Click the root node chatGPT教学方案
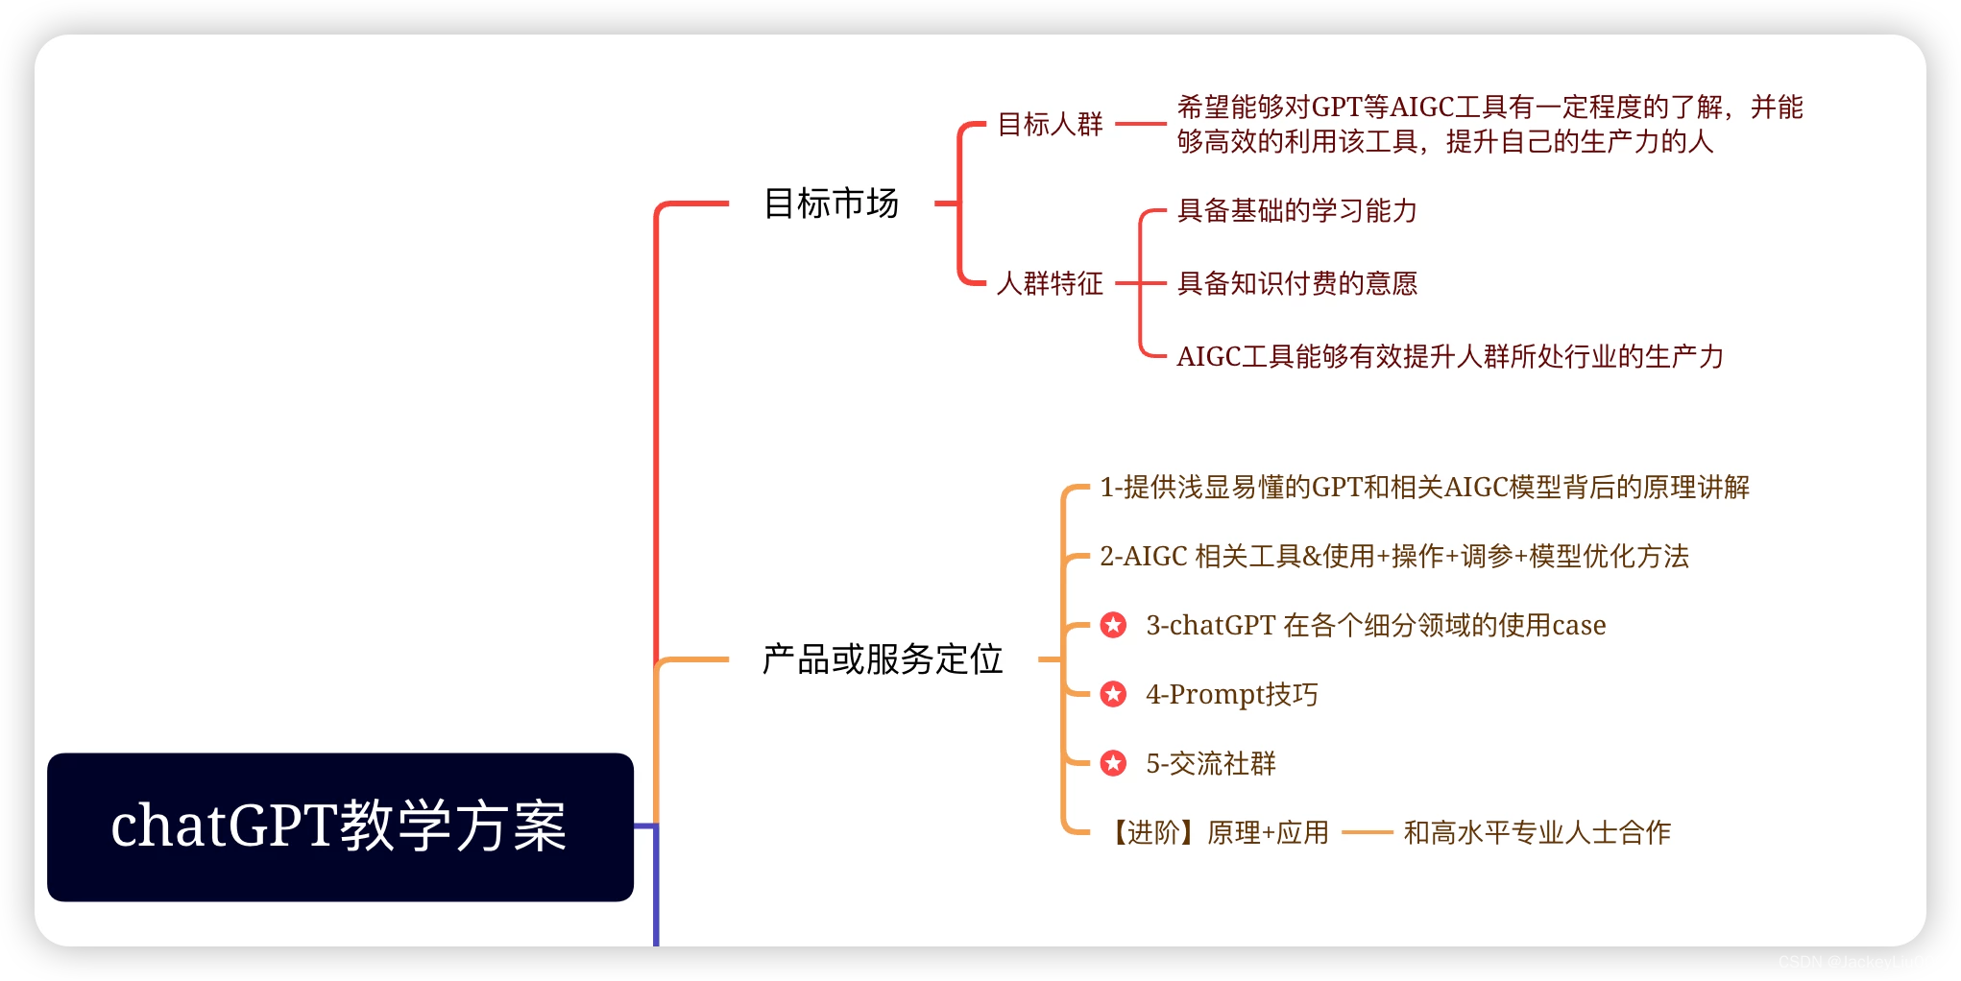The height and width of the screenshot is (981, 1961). coord(340,826)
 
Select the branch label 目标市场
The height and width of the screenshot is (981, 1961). coord(831,203)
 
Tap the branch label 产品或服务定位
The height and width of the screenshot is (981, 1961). coord(882,659)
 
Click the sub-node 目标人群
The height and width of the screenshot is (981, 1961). coord(1050,124)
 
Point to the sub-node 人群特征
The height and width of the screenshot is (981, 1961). coord(1050,283)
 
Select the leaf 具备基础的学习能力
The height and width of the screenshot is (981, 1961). coord(1296,210)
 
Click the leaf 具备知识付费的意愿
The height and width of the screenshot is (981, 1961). coord(1296,283)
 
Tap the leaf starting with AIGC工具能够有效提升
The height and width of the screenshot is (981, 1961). coord(1449,356)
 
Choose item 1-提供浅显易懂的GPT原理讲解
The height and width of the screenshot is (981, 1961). coord(1424,487)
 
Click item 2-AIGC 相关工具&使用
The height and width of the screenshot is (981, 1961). coord(1393,556)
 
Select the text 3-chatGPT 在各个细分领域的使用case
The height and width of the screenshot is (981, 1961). coord(1375,625)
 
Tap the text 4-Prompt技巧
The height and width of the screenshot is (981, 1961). coord(1231,694)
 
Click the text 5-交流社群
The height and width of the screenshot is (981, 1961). coord(1210,763)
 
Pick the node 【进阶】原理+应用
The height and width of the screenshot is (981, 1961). coord(1218,832)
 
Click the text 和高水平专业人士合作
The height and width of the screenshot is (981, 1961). coord(1537,832)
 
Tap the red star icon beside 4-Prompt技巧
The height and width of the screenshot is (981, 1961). coord(1113,694)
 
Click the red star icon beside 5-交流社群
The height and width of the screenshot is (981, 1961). coord(1113,763)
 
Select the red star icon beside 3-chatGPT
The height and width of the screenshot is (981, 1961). coord(1113,625)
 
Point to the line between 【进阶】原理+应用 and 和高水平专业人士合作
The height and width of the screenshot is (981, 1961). coord(1367,832)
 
